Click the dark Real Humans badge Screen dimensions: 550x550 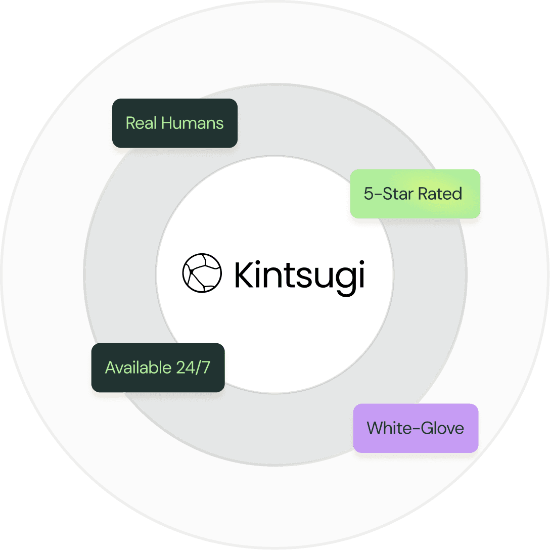[175, 123]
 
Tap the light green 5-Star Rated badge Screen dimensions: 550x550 [415, 194]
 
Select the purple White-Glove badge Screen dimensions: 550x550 [416, 428]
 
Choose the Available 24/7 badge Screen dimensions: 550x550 [158, 368]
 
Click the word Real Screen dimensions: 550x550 [141, 123]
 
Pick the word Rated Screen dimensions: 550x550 [441, 194]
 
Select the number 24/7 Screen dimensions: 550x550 [193, 368]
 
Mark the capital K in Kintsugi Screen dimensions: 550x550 [246, 275]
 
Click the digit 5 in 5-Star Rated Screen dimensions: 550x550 [368, 194]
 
